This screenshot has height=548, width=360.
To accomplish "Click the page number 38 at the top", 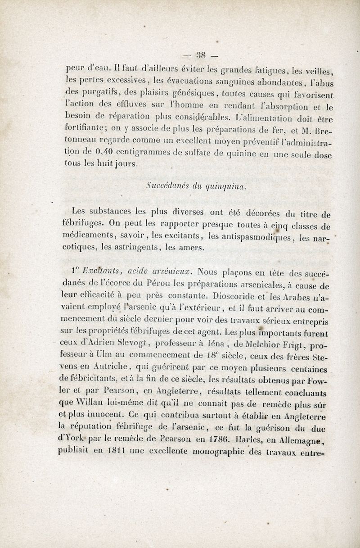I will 201,56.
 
